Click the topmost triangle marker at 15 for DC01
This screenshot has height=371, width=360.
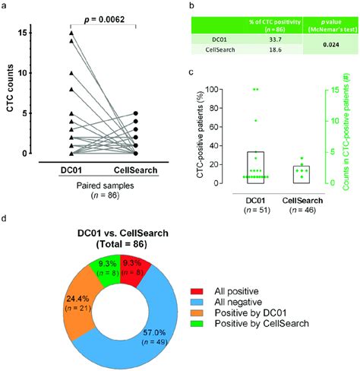71,33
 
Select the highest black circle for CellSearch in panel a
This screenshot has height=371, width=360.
136,113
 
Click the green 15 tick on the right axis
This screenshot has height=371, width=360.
334,89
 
